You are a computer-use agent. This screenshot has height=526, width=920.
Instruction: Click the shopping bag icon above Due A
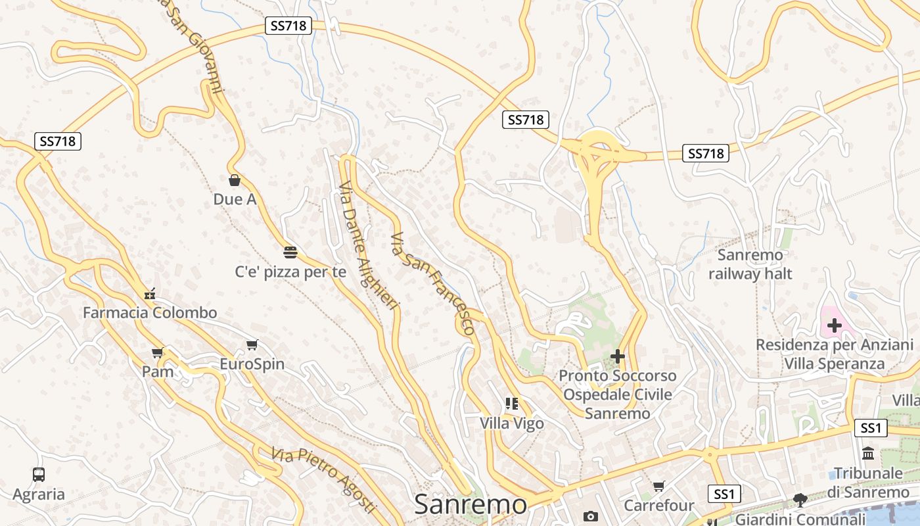pyautogui.click(x=235, y=180)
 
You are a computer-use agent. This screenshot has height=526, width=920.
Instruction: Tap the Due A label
pyautogui.click(x=235, y=199)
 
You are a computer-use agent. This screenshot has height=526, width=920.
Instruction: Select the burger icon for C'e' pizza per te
pyautogui.click(x=290, y=252)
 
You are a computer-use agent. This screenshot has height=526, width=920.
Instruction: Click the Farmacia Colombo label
pyautogui.click(x=150, y=313)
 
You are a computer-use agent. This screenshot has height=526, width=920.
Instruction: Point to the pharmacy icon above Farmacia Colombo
pyautogui.click(x=150, y=294)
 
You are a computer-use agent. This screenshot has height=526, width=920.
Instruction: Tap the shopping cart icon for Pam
pyautogui.click(x=158, y=353)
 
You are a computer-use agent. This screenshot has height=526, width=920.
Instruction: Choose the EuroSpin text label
pyautogui.click(x=252, y=364)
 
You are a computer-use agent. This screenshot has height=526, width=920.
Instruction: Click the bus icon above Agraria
pyautogui.click(x=39, y=474)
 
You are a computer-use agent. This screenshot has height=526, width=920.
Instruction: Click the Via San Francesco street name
pyautogui.click(x=432, y=283)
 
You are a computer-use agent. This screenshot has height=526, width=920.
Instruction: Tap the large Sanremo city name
pyautogui.click(x=471, y=505)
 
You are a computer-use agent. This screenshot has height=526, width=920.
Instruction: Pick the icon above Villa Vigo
pyautogui.click(x=512, y=403)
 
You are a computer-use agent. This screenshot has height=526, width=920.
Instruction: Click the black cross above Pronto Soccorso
pyautogui.click(x=618, y=356)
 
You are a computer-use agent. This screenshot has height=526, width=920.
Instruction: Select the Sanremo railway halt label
pyautogui.click(x=750, y=264)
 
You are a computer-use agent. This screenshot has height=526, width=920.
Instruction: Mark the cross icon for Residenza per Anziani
pyautogui.click(x=834, y=325)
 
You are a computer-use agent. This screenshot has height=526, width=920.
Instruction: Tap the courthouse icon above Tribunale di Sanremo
pyautogui.click(x=868, y=454)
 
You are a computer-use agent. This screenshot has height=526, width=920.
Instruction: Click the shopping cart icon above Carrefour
pyautogui.click(x=659, y=486)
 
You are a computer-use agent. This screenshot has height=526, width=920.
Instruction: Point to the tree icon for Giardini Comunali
pyautogui.click(x=800, y=500)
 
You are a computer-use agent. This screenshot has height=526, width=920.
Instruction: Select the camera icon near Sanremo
pyautogui.click(x=591, y=516)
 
